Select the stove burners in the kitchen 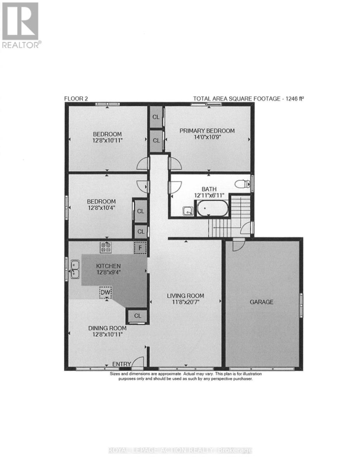point(106,247)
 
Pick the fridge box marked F point(140,248)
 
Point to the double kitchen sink point(75,270)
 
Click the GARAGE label point(261,302)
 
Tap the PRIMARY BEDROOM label point(207,130)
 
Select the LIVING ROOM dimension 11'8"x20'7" point(185,303)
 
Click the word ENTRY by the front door point(121,364)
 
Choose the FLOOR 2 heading point(76,99)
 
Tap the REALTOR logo point(21,25)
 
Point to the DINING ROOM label point(107,328)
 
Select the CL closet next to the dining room point(138,316)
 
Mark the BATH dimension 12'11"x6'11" point(209,195)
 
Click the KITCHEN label point(108,266)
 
